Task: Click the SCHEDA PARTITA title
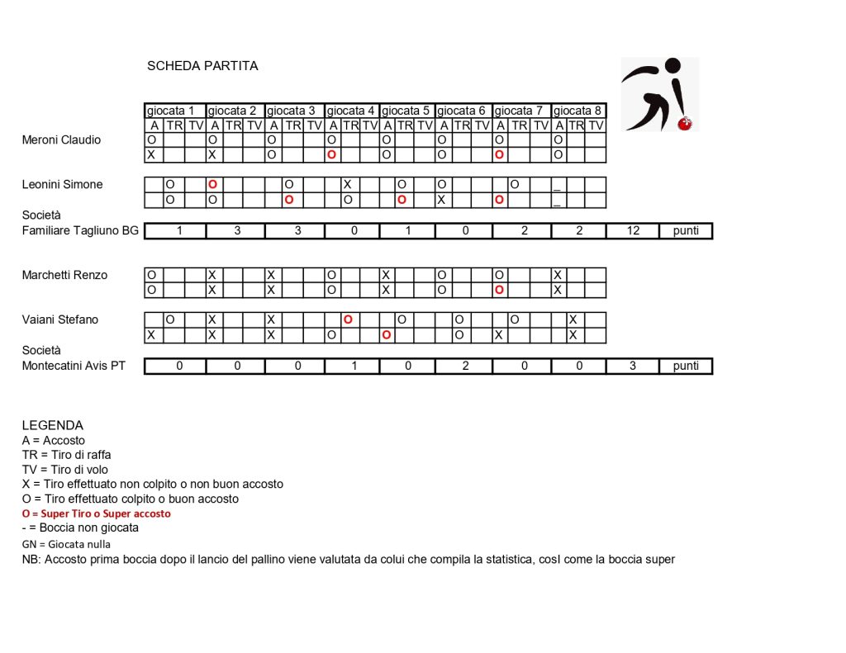click(202, 66)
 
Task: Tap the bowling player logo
click(659, 94)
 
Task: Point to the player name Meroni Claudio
click(61, 140)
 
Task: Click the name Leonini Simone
click(62, 185)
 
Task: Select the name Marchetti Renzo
click(64, 276)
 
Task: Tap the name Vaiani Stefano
click(60, 320)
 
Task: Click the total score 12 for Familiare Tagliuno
click(632, 231)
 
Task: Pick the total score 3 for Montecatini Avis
click(632, 367)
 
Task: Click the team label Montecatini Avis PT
click(74, 366)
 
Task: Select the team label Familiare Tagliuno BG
click(80, 230)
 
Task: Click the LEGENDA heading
click(53, 425)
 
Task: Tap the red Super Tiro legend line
click(97, 513)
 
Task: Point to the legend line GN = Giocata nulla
click(66, 544)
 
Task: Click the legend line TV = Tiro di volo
click(65, 470)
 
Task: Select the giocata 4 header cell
click(351, 111)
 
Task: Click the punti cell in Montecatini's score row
click(686, 367)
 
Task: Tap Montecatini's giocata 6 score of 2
click(465, 367)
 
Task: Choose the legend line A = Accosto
click(54, 441)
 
